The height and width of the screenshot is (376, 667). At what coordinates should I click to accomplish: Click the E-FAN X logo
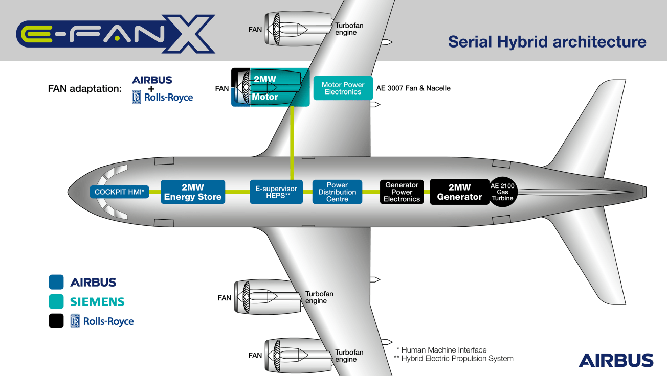pyautogui.click(x=116, y=34)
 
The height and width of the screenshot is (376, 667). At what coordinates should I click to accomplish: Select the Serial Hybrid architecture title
pyautogui.click(x=547, y=42)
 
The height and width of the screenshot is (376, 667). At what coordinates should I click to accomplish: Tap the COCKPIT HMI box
pyautogui.click(x=120, y=193)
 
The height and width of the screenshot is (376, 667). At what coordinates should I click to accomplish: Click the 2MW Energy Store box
pyautogui.click(x=193, y=192)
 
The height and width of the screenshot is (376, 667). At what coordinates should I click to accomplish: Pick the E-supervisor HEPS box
pyautogui.click(x=276, y=192)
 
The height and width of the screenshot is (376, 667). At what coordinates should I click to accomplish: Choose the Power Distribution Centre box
pyautogui.click(x=337, y=192)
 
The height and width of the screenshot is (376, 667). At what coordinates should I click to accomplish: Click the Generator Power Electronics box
pyautogui.click(x=402, y=192)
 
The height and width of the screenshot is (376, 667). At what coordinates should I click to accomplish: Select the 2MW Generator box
pyautogui.click(x=459, y=192)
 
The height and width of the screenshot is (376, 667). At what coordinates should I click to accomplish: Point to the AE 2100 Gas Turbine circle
pyautogui.click(x=502, y=192)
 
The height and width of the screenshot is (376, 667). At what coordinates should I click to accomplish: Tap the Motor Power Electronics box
pyautogui.click(x=343, y=88)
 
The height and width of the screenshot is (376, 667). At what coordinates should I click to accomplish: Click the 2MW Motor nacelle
pyautogui.click(x=271, y=87)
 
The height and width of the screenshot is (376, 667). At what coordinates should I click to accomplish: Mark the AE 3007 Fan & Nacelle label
pyautogui.click(x=413, y=88)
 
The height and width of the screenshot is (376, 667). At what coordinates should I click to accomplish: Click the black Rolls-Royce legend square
pyautogui.click(x=56, y=321)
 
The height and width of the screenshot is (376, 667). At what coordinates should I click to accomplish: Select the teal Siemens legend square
pyautogui.click(x=56, y=301)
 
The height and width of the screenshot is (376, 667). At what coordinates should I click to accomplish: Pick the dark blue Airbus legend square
pyautogui.click(x=56, y=282)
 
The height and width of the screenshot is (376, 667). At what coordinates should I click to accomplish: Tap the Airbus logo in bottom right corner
pyautogui.click(x=616, y=360)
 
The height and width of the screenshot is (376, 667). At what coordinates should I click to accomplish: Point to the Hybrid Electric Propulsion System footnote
pyautogui.click(x=453, y=359)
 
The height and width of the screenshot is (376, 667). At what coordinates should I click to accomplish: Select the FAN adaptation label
pyautogui.click(x=84, y=88)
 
